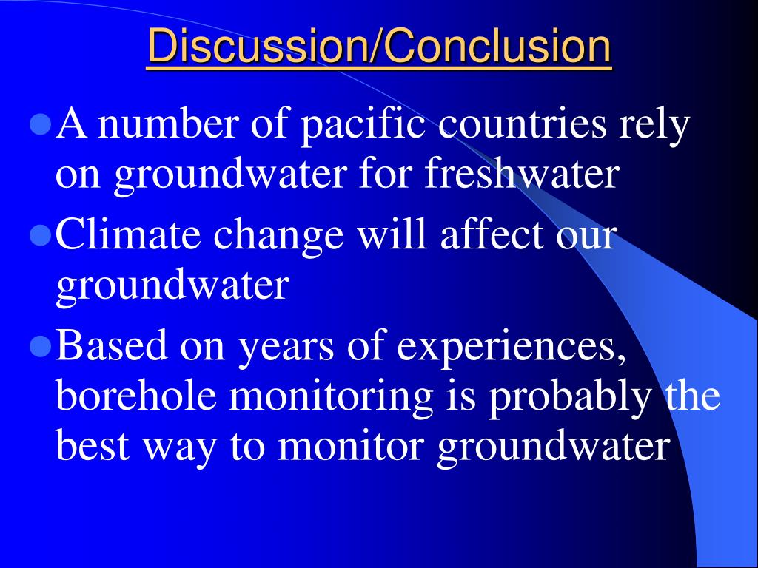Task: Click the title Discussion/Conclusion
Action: [x=379, y=46]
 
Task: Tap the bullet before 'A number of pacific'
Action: [x=41, y=124]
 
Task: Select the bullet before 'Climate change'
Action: [x=41, y=236]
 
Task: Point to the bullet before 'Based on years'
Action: [x=41, y=347]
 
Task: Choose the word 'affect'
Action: [x=492, y=234]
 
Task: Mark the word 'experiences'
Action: [x=512, y=348]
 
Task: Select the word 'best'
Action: [x=93, y=445]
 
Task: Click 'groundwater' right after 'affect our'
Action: [x=173, y=287]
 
